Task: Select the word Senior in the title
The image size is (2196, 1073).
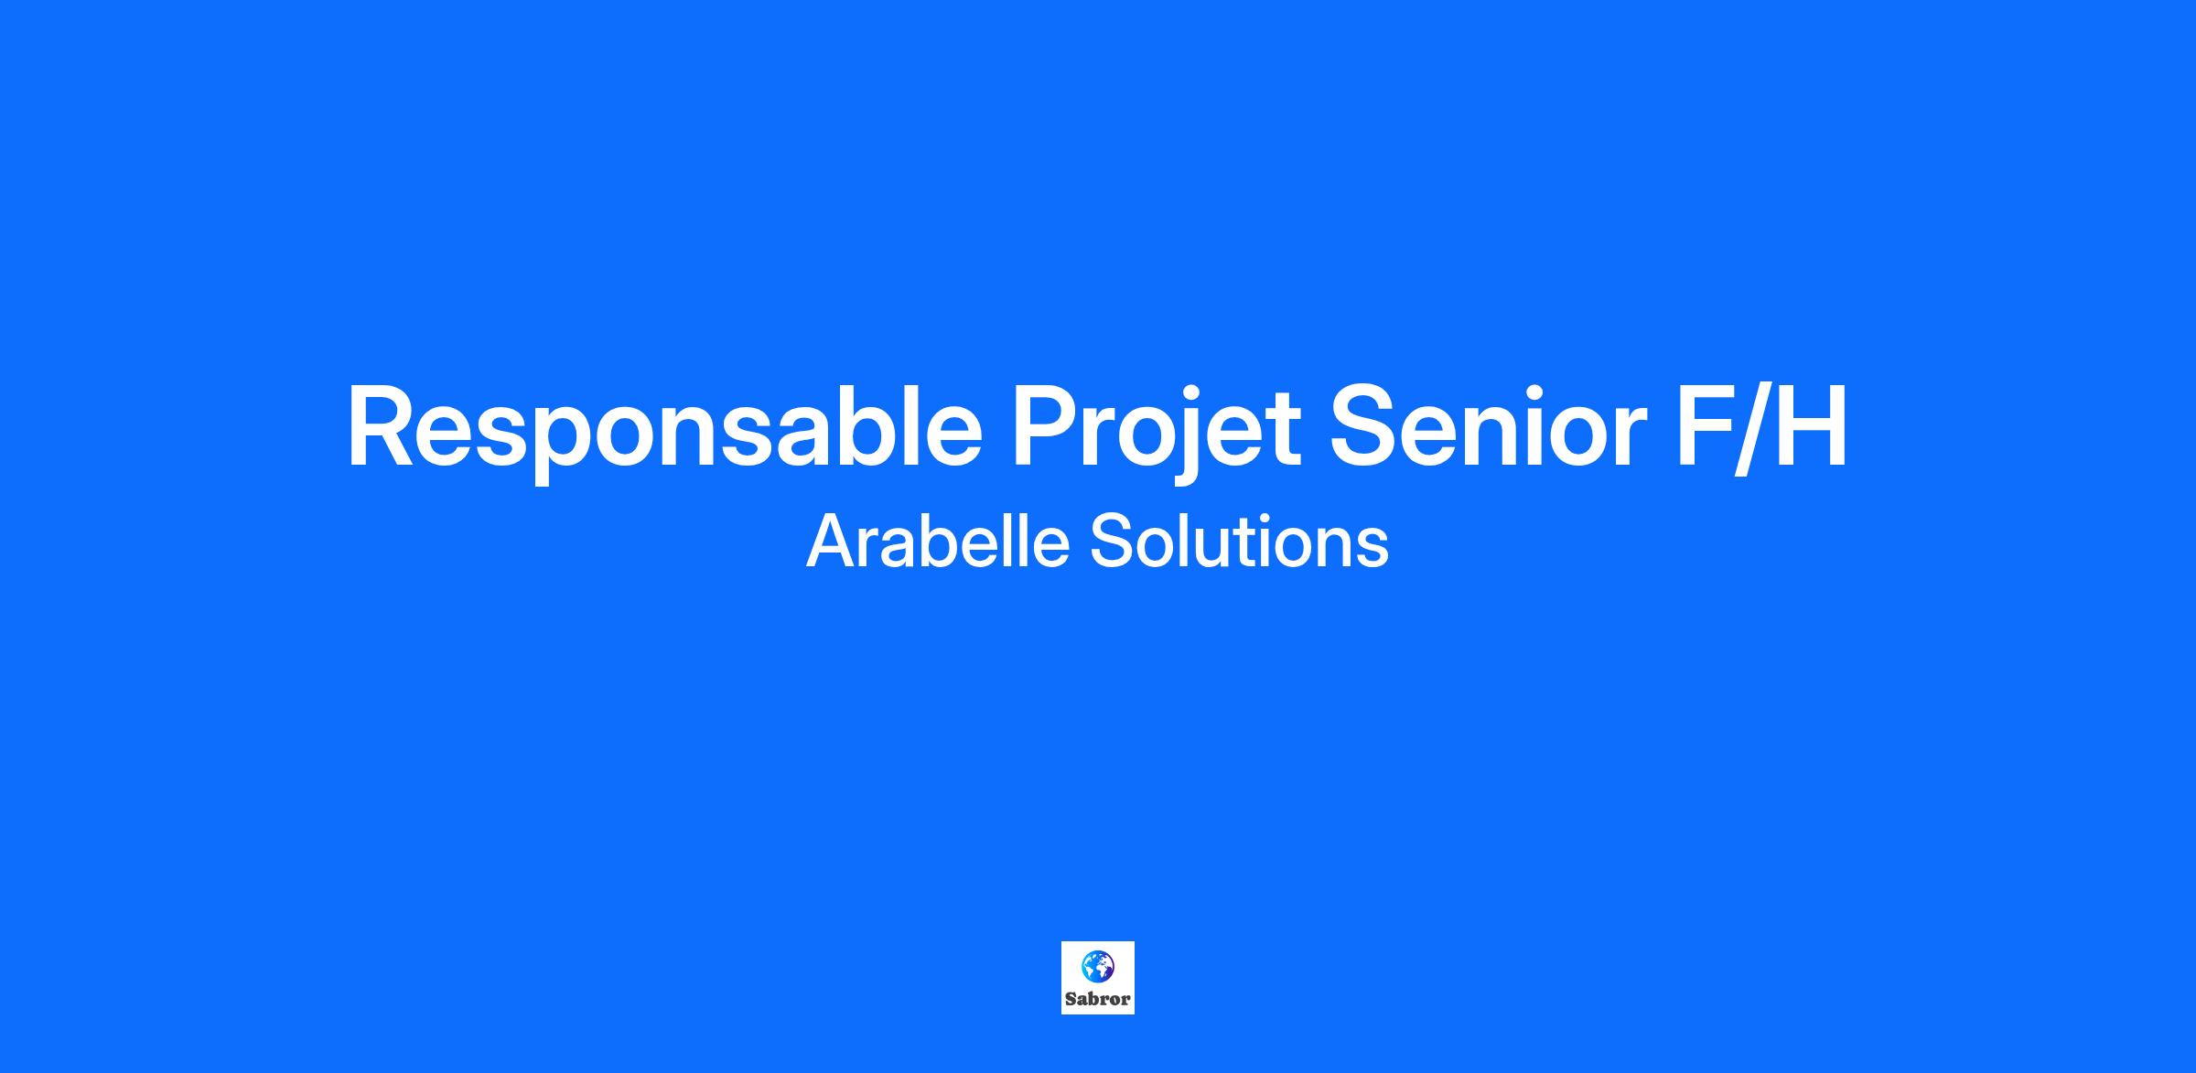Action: (x=1488, y=426)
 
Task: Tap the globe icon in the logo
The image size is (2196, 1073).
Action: (x=1097, y=965)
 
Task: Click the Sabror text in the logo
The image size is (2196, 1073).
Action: (x=1097, y=999)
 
